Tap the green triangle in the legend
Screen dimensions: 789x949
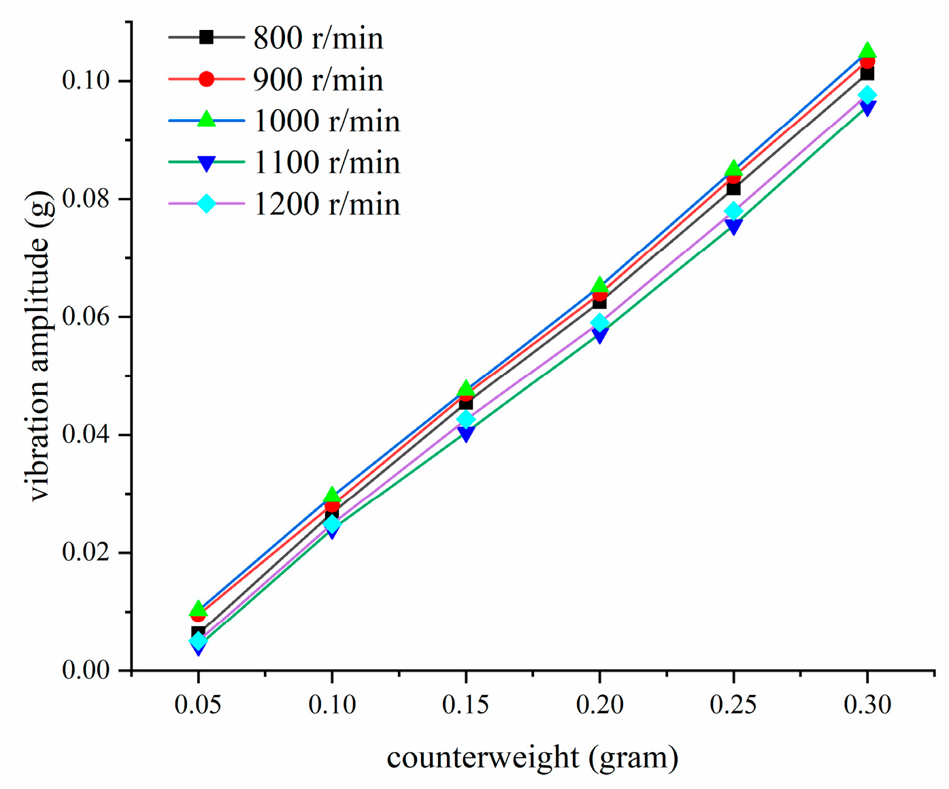[206, 120]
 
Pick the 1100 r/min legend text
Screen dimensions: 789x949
[327, 163]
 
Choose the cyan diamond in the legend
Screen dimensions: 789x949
[206, 204]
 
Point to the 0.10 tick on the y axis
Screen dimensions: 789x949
[86, 80]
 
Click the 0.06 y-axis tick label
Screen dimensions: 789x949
[86, 317]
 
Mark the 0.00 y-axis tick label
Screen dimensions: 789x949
[86, 670]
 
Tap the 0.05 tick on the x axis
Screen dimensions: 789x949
[197, 705]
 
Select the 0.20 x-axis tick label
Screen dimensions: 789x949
[599, 705]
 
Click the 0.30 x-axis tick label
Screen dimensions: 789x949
[867, 705]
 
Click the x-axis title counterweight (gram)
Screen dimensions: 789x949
[533, 757]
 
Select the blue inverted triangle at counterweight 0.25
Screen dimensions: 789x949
[733, 227]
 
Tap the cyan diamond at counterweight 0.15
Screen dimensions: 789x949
[466, 419]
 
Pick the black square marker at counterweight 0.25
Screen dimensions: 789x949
[733, 188]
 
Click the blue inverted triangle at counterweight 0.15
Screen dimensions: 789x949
[466, 434]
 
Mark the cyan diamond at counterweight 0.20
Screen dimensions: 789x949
[599, 323]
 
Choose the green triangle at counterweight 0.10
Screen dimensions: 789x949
[331, 496]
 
